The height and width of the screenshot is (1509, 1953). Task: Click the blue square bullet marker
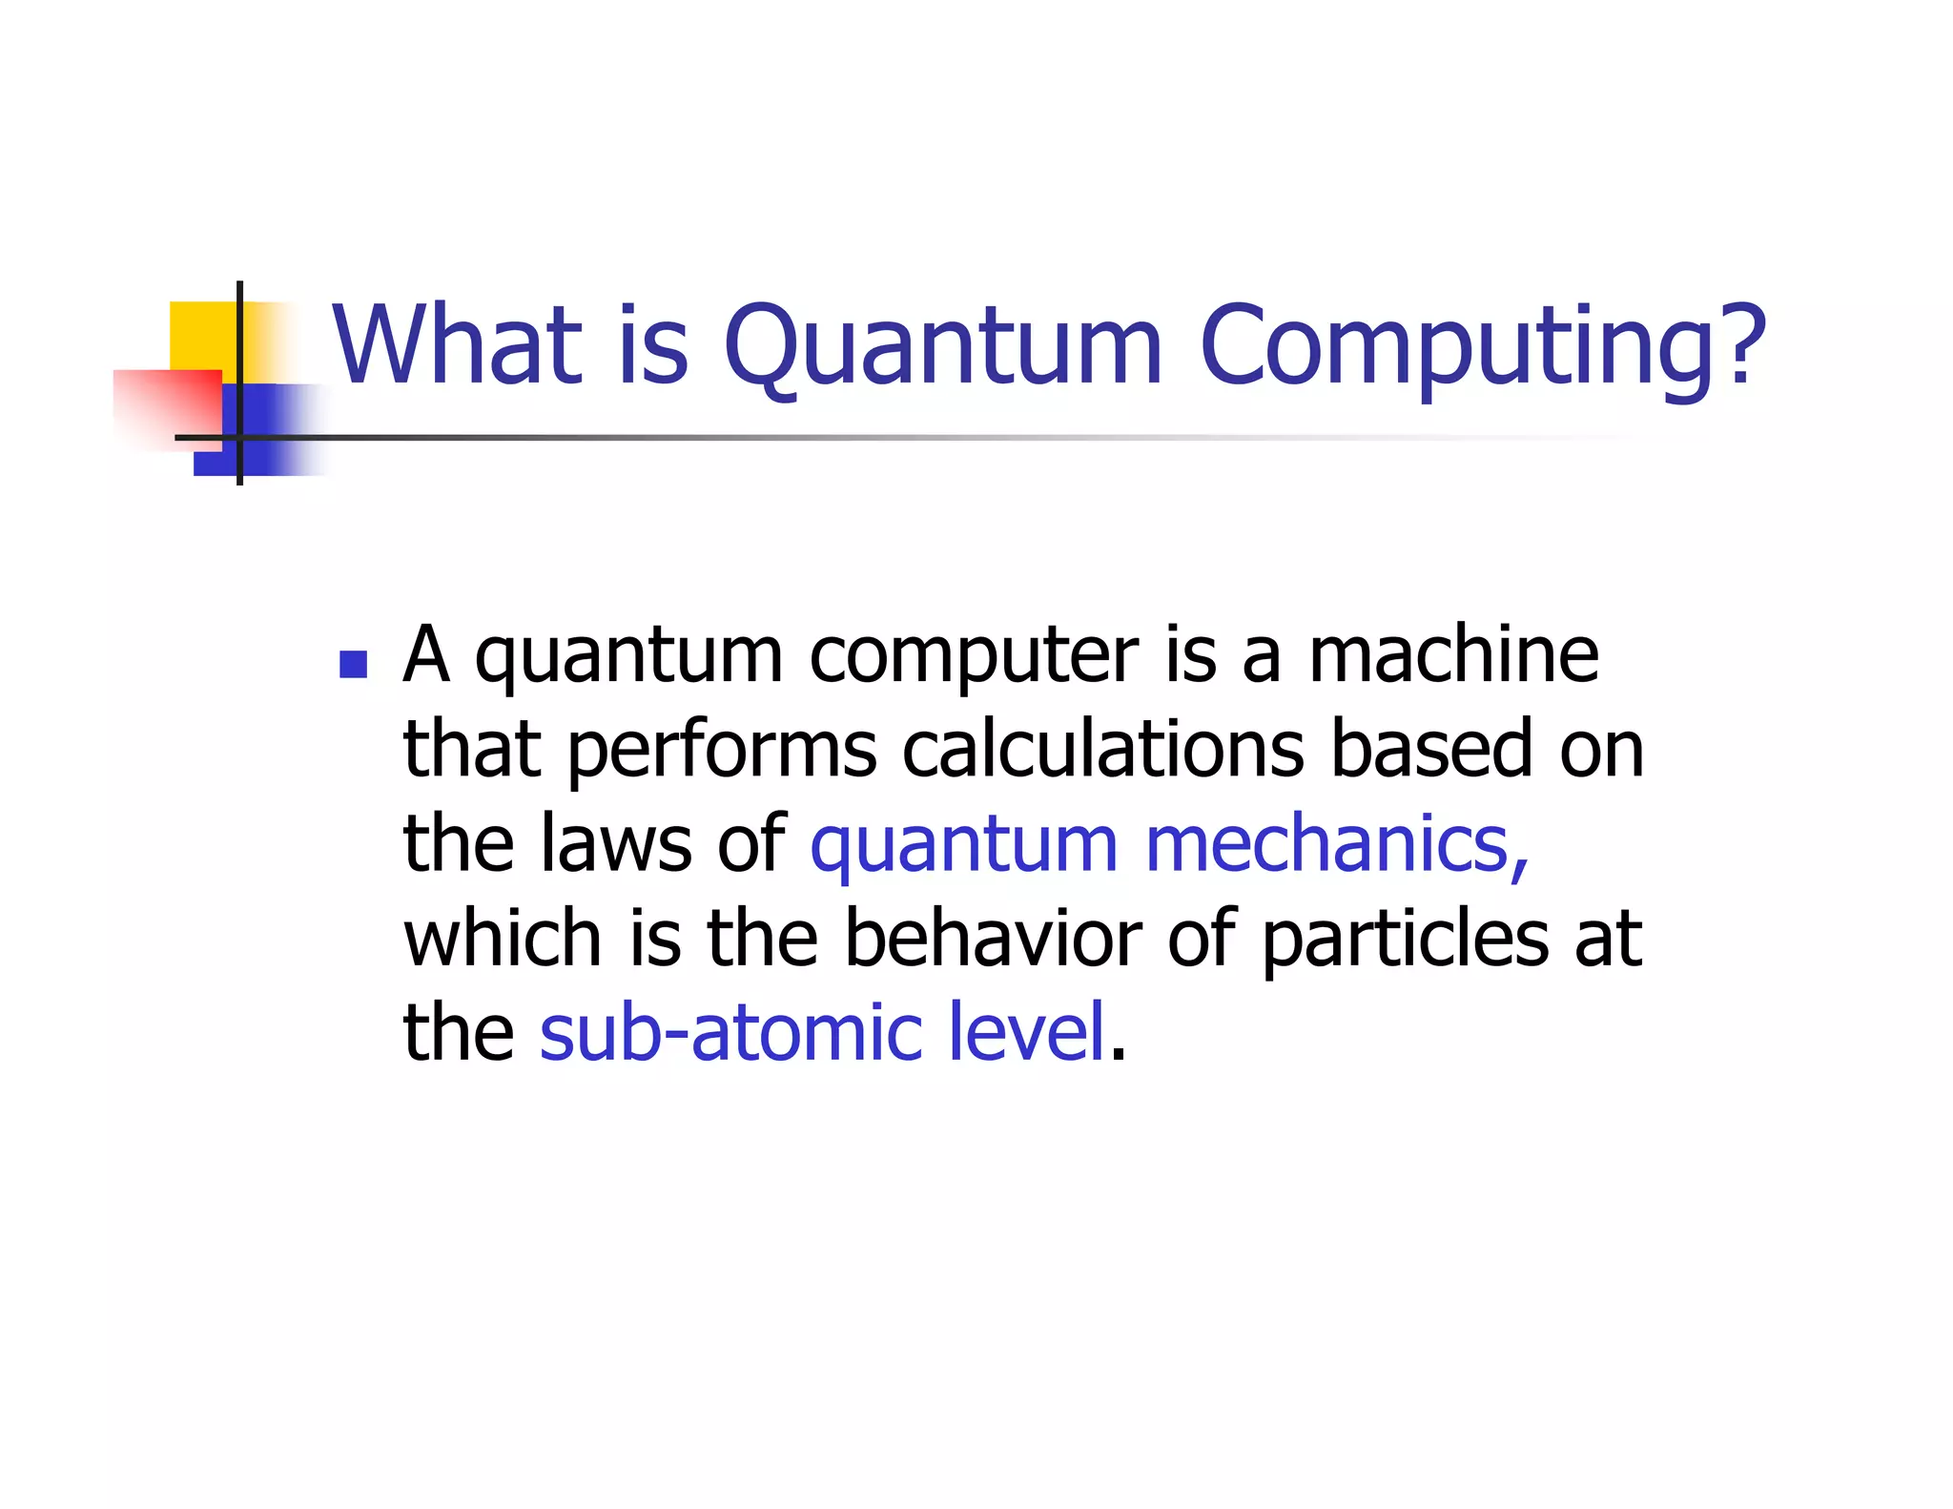pyautogui.click(x=353, y=664)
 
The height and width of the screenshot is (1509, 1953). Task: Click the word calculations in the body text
pyautogui.click(x=1102, y=750)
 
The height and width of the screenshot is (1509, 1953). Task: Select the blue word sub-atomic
pyautogui.click(x=730, y=1032)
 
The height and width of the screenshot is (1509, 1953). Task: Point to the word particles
pyautogui.click(x=1405, y=939)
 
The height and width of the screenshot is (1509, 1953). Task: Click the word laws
pyautogui.click(x=615, y=844)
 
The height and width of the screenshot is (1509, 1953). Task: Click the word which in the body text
pyautogui.click(x=502, y=939)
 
